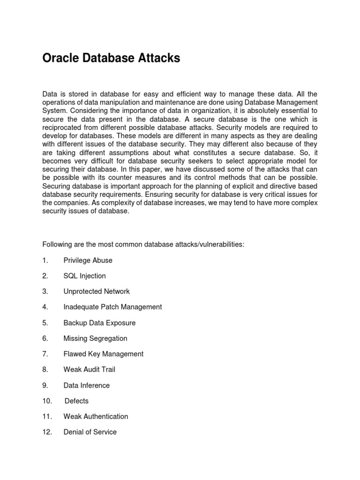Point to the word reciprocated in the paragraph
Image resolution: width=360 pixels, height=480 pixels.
[x=64, y=127]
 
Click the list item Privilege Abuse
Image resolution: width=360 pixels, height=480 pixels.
[x=88, y=260]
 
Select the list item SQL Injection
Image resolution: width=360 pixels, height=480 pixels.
[x=84, y=276]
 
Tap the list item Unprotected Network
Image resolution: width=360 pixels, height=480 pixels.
[x=97, y=291]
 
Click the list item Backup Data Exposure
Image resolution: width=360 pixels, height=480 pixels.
[x=99, y=322]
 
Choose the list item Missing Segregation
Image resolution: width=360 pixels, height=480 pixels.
[x=95, y=338]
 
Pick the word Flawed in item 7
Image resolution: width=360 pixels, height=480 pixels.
[x=75, y=354]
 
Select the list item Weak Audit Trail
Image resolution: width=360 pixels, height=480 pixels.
[x=89, y=369]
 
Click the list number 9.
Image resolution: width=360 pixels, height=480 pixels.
[x=45, y=385]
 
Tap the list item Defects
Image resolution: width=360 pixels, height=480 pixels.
[x=76, y=401]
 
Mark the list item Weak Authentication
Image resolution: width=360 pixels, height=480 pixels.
[x=96, y=416]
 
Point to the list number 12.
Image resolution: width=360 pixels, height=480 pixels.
[x=47, y=432]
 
